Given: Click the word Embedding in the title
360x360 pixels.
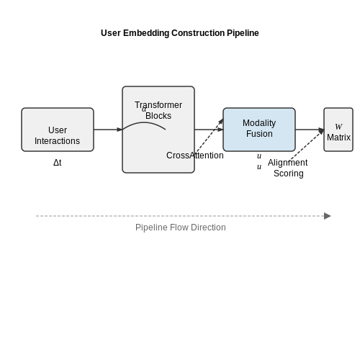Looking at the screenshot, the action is pyautogui.click(x=146, y=33).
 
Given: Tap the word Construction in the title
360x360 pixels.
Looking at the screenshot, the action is pyautogui.click(x=198, y=33).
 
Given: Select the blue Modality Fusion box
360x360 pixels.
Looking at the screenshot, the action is pyautogui.click(x=259, y=130).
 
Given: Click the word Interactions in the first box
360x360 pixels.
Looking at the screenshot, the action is pyautogui.click(x=57, y=141).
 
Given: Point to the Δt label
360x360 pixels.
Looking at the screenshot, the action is pyautogui.click(x=58, y=163).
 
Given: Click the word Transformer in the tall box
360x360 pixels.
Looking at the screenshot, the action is pyautogui.click(x=158, y=105).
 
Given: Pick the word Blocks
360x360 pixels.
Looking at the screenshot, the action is pyautogui.click(x=158, y=116).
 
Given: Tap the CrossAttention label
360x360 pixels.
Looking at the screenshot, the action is pyautogui.click(x=195, y=156).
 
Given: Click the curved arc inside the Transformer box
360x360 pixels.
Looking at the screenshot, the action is pyautogui.click(x=144, y=122).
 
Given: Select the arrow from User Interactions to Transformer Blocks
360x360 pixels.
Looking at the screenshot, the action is pyautogui.click(x=108, y=130).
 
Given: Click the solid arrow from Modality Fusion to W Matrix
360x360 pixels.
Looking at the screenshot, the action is pyautogui.click(x=310, y=130).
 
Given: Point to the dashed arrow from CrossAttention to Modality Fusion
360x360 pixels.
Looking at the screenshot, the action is pyautogui.click(x=208, y=137).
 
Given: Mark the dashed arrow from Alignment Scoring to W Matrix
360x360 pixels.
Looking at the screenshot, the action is pyautogui.click(x=307, y=145).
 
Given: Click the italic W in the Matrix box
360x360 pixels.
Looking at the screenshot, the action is pyautogui.click(x=338, y=126).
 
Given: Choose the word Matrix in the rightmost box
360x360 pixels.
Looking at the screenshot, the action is pyautogui.click(x=338, y=138).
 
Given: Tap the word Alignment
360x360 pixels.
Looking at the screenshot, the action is pyautogui.click(x=287, y=163).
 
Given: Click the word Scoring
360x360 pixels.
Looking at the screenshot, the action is pyautogui.click(x=289, y=174).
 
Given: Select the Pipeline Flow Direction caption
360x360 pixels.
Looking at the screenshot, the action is pyautogui.click(x=181, y=228).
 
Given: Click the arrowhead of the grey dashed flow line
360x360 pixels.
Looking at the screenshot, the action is pyautogui.click(x=328, y=216).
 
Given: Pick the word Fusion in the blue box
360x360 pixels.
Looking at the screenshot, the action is pyautogui.click(x=259, y=134).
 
